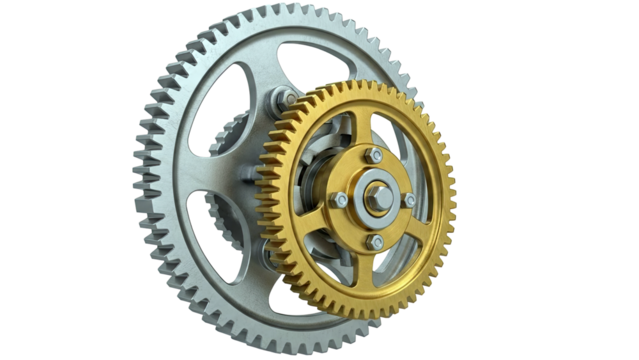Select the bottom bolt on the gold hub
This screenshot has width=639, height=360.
(x=374, y=241)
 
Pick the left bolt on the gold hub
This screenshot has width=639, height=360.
(x=341, y=200)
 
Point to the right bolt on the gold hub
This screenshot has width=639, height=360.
(x=409, y=200)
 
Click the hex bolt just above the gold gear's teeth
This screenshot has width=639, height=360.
(x=284, y=99)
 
